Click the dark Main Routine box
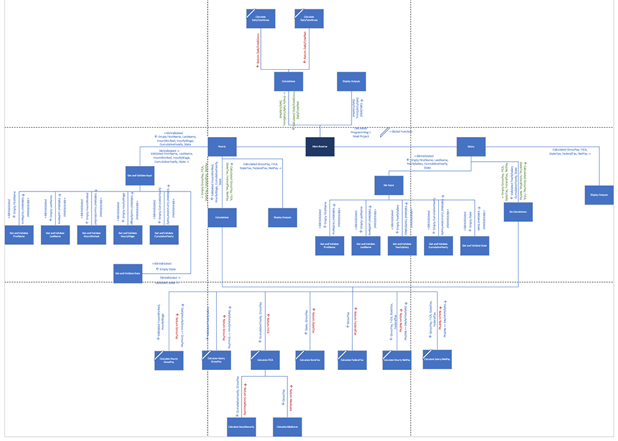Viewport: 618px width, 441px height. (x=320, y=146)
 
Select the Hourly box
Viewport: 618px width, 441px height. (x=222, y=146)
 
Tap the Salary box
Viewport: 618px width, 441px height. (x=471, y=146)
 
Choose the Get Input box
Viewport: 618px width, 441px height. (x=389, y=185)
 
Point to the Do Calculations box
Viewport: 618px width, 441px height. (x=518, y=212)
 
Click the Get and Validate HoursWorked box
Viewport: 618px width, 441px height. (x=91, y=235)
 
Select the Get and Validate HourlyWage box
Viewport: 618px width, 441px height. (x=128, y=235)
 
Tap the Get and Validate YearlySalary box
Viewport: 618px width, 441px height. (x=402, y=245)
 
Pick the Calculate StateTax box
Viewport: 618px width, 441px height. (x=310, y=360)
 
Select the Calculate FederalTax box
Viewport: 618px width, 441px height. (x=353, y=360)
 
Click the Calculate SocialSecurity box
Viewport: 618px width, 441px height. (x=241, y=427)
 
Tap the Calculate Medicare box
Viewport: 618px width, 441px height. (x=287, y=427)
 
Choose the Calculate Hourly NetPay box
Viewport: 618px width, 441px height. (x=397, y=360)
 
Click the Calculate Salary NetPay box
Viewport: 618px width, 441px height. (x=437, y=359)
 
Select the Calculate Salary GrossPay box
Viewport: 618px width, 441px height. (x=216, y=360)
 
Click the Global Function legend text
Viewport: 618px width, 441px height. (x=401, y=132)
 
